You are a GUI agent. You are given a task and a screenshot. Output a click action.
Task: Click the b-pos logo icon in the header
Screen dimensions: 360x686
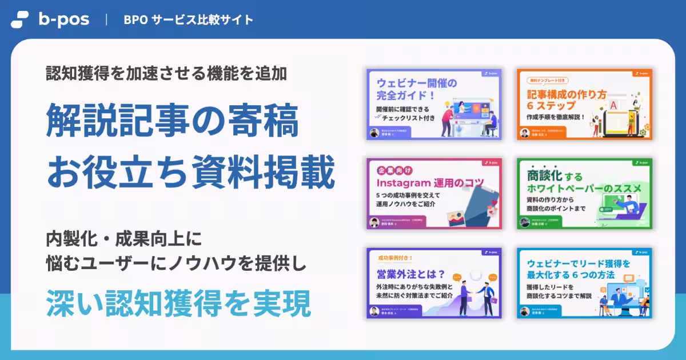pyautogui.click(x=19, y=19)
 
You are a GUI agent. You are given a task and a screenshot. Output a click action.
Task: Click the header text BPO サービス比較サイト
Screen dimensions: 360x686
pyautogui.click(x=188, y=19)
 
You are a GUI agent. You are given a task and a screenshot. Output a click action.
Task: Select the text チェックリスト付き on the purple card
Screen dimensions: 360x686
pyautogui.click(x=409, y=119)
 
